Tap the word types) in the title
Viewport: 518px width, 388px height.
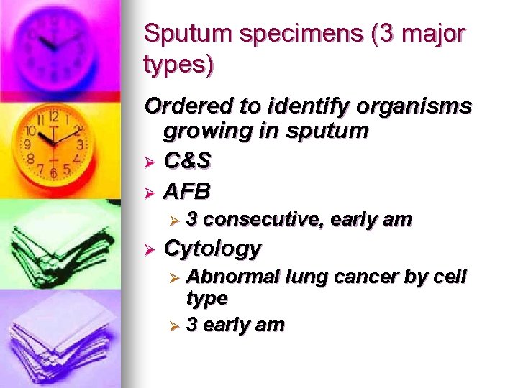click(178, 66)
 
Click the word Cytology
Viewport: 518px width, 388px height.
click(212, 249)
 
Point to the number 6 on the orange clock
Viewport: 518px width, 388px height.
click(53, 173)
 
